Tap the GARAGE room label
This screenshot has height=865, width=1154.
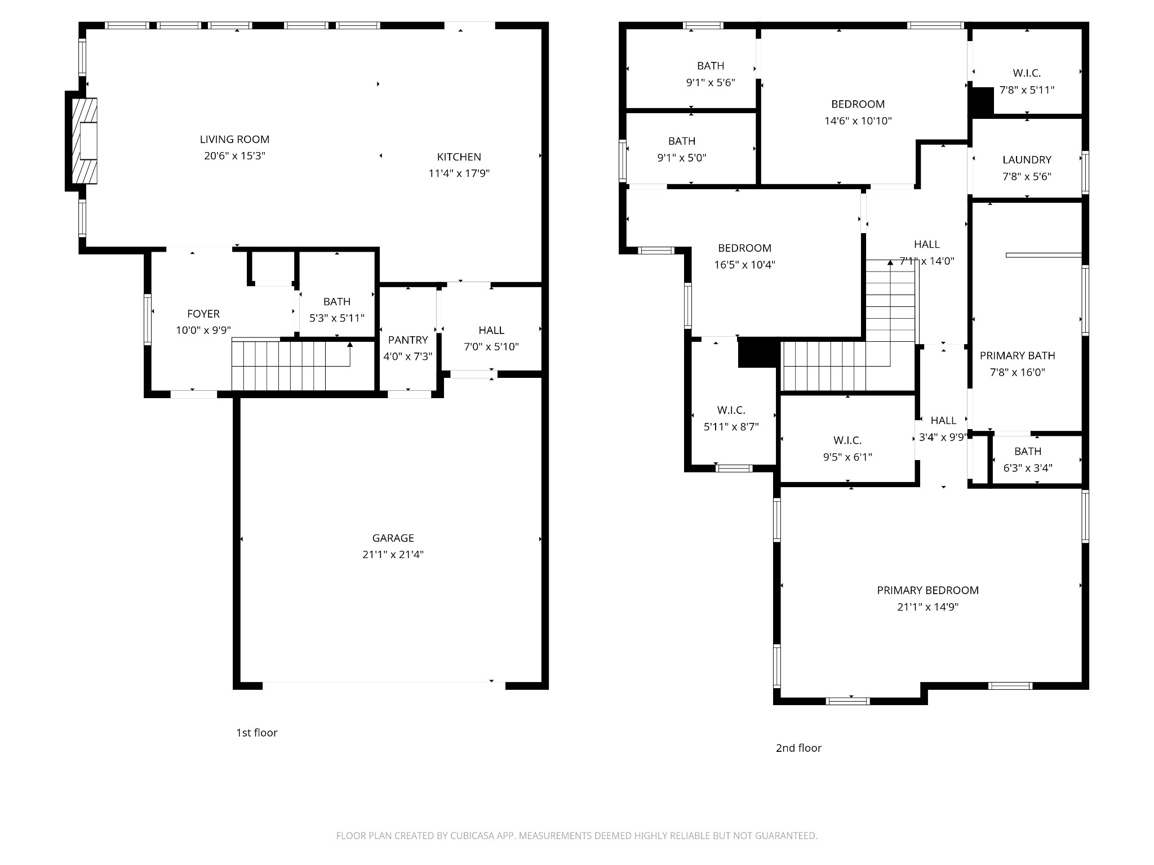pyautogui.click(x=393, y=538)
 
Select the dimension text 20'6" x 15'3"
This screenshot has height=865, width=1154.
pyautogui.click(x=234, y=156)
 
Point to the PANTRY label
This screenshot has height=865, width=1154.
pyautogui.click(x=408, y=340)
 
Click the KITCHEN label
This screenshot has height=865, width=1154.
pyautogui.click(x=459, y=157)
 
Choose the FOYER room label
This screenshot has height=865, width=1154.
pyautogui.click(x=203, y=314)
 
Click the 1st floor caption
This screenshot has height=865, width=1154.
pyautogui.click(x=256, y=733)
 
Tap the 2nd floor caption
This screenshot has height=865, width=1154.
pyautogui.click(x=798, y=748)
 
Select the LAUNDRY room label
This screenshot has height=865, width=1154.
pyautogui.click(x=1027, y=160)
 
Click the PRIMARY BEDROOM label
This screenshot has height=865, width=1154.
pyautogui.click(x=927, y=590)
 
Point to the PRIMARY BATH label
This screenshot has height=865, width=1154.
pyautogui.click(x=1017, y=355)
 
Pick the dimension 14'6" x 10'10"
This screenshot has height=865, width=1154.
pyautogui.click(x=858, y=121)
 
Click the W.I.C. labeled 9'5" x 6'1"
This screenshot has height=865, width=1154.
pyautogui.click(x=847, y=440)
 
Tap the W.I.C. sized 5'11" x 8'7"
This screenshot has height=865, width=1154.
pyautogui.click(x=731, y=410)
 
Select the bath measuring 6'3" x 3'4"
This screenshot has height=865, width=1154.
pyautogui.click(x=1028, y=451)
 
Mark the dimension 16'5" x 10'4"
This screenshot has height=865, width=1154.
pyautogui.click(x=744, y=265)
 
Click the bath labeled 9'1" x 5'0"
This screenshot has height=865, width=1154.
pyautogui.click(x=682, y=141)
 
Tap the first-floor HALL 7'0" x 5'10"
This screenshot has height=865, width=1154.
pyautogui.click(x=491, y=331)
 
